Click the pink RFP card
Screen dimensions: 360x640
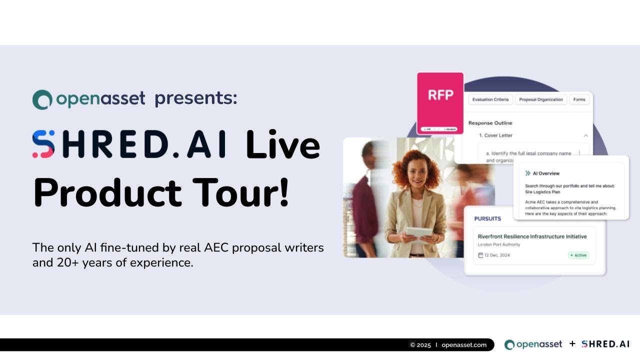tap(440, 102)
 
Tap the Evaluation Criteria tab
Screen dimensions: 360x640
tap(490, 99)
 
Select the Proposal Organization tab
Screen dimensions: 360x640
tap(541, 99)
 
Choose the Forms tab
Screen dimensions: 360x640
tap(579, 99)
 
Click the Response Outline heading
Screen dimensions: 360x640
tap(490, 123)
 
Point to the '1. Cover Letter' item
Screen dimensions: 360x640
tap(495, 135)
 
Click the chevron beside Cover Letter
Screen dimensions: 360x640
tap(585, 135)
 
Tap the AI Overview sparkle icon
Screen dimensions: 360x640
tap(528, 173)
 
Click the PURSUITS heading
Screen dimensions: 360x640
tap(487, 218)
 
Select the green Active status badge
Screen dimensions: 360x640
tap(578, 255)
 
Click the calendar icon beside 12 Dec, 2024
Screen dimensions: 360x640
tap(480, 255)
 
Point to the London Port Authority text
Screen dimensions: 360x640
tap(499, 244)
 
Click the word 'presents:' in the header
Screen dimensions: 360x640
tap(196, 98)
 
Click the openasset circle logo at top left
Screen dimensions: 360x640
tap(42, 99)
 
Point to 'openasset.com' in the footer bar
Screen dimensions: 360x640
tap(464, 345)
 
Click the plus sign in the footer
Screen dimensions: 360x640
tap(572, 344)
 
